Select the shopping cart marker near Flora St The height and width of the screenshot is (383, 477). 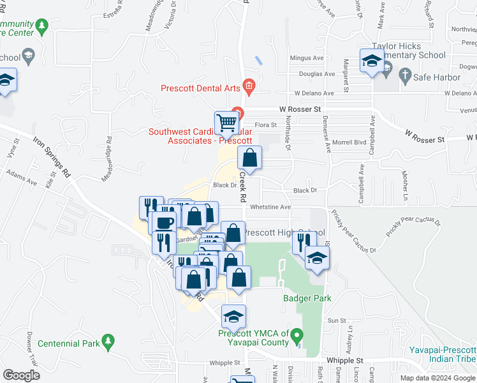coord(226,122)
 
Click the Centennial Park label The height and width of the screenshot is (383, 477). coord(69,343)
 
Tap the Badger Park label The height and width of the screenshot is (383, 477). coord(307,298)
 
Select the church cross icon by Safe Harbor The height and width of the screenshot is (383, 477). coord(404,76)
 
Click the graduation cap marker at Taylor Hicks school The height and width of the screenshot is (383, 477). coord(371,61)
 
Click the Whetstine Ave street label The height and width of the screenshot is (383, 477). coord(270,207)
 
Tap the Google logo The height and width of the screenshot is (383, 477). coord(21,375)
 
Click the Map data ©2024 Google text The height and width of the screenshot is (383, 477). coord(437,378)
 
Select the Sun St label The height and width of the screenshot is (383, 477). coord(336,320)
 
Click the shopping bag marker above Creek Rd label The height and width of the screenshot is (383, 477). coord(251,157)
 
